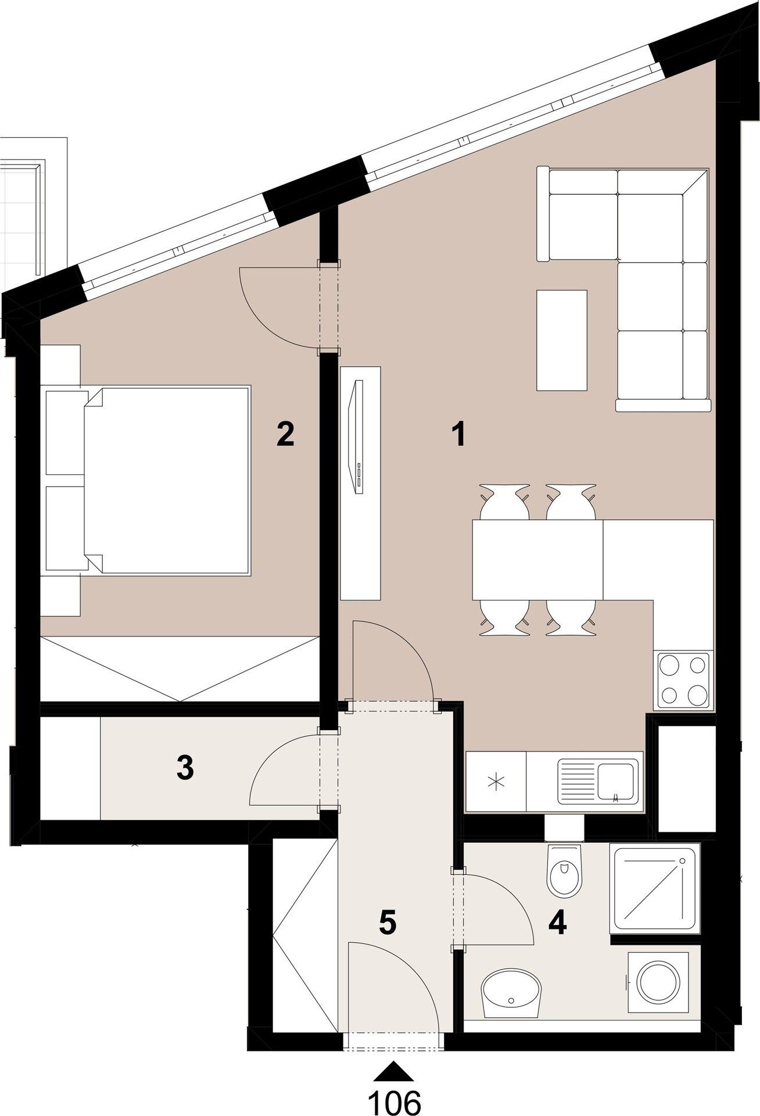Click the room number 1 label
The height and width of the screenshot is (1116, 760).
click(459, 434)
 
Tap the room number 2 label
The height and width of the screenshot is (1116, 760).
click(285, 434)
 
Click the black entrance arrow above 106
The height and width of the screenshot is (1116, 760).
click(395, 1069)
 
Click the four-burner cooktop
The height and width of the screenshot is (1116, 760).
click(683, 680)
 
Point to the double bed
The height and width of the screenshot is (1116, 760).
click(169, 480)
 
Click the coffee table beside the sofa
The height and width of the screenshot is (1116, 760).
click(561, 340)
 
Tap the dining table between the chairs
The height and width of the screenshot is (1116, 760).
click(537, 559)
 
